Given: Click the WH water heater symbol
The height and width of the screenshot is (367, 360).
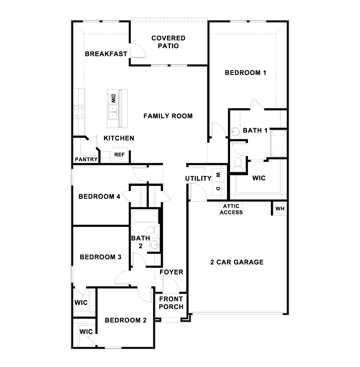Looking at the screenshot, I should (280, 209).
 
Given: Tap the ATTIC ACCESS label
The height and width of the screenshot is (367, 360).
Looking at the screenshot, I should (231, 209).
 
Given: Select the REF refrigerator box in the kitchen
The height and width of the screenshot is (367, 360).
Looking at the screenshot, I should (119, 155).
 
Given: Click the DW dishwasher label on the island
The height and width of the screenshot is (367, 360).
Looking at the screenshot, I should (112, 98).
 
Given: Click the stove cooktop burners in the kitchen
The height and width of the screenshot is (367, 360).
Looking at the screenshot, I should (79, 112).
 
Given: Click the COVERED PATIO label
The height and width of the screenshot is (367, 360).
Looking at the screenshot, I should (168, 42).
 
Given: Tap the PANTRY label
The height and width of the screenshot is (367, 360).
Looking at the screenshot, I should (86, 159).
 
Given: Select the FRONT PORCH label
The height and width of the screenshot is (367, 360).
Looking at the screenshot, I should (171, 303).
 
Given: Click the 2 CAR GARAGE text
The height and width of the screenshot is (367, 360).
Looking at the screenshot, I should (237, 262).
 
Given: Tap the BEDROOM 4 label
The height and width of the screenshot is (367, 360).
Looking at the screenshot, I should (99, 197).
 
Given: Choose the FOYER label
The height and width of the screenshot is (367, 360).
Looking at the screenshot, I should (171, 272).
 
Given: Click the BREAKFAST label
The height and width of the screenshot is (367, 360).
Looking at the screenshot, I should (106, 54).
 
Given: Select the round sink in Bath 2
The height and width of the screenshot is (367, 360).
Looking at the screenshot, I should (155, 244).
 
